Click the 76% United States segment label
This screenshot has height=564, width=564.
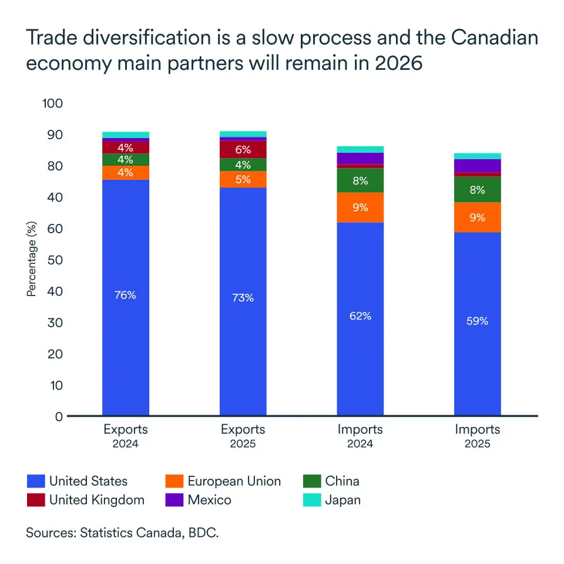point(125,295)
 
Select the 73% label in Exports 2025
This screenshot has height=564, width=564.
point(243,298)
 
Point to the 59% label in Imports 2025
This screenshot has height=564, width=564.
point(478,321)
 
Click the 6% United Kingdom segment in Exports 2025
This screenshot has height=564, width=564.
point(243,150)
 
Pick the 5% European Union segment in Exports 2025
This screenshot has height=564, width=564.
point(243,179)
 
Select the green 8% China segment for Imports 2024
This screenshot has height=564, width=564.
point(360,181)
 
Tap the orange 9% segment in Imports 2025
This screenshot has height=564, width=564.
point(478,217)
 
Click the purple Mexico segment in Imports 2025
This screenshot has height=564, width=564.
point(478,166)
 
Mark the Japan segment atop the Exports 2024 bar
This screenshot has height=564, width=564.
point(125,135)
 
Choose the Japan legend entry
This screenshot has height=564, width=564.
point(343,500)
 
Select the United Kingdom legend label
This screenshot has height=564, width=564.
point(96,500)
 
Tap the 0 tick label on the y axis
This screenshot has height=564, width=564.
point(58,417)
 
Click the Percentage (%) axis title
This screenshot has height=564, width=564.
point(32,258)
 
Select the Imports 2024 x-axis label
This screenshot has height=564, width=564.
point(360,436)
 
